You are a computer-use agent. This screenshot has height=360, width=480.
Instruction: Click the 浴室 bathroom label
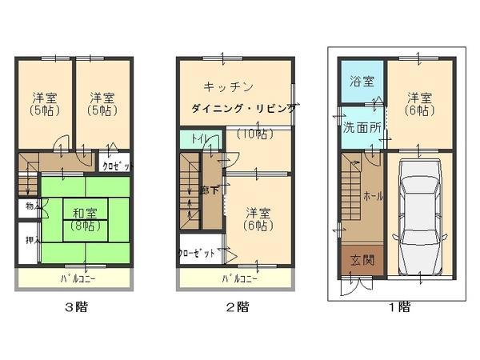pyautogui.click(x=362, y=82)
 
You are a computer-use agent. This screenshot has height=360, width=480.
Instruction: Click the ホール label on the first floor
pyautogui.click(x=372, y=196)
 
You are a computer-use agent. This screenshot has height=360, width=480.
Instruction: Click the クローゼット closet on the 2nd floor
pyautogui.click(x=197, y=253)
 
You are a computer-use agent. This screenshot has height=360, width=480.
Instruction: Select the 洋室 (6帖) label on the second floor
pyautogui.click(x=258, y=218)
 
